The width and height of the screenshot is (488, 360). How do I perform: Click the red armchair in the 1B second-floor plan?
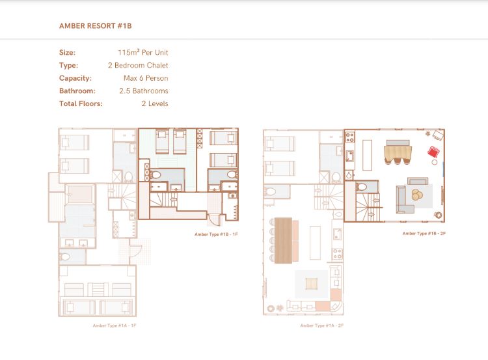[433, 152]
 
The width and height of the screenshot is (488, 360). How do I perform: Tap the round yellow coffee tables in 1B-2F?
[417, 195]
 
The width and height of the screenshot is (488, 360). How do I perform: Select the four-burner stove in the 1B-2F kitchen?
[350, 137]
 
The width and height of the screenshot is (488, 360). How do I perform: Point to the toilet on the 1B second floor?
[362, 187]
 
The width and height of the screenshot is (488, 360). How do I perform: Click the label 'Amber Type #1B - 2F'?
[424, 233]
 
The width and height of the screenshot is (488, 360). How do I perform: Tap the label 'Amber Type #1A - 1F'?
[115, 325]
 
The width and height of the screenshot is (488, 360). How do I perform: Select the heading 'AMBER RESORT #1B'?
[95, 26]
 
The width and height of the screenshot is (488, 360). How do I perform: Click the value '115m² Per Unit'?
[143, 52]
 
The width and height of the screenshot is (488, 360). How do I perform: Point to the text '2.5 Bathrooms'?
[144, 91]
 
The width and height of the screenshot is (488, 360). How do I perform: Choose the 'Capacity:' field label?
[75, 78]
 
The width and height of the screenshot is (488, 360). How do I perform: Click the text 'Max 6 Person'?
[146, 78]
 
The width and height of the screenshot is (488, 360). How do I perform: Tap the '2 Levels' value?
[155, 104]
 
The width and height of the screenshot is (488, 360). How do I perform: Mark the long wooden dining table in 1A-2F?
[283, 240]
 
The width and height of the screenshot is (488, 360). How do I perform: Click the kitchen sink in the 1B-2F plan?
[349, 156]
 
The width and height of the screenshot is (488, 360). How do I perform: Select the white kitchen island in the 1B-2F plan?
[367, 155]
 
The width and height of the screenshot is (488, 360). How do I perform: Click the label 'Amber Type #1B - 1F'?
[216, 234]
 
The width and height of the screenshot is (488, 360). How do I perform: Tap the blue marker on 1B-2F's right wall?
[443, 169]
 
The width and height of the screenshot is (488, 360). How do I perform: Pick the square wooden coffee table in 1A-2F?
[312, 284]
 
